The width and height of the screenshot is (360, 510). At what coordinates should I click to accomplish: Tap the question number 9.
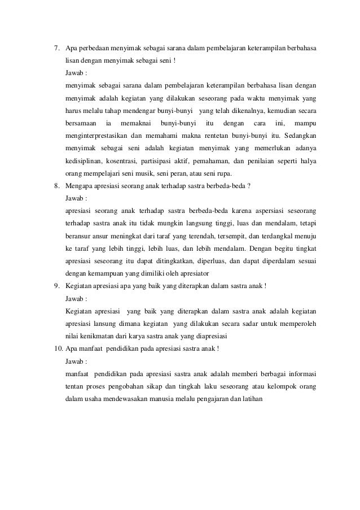click(56, 285)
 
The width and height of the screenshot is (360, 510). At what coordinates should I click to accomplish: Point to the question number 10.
click(58, 347)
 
